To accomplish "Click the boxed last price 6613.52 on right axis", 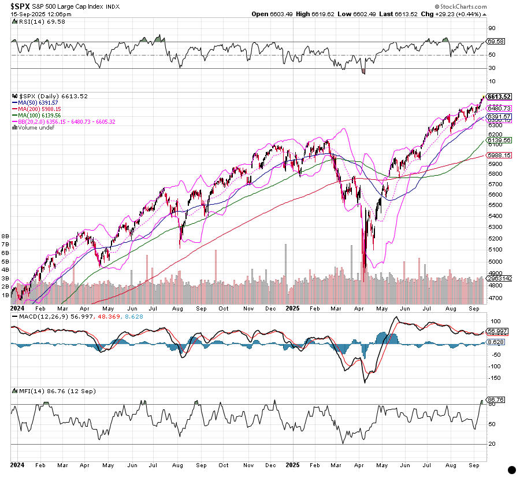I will [499, 97].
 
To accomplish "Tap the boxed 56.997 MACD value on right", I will [497, 331].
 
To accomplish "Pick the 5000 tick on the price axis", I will [495, 261].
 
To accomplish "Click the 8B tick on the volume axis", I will [6, 236].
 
